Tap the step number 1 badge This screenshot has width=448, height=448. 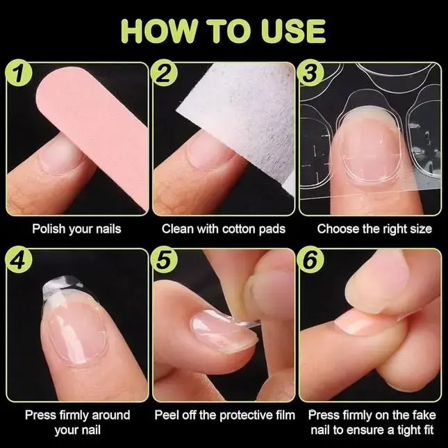(x=19, y=72)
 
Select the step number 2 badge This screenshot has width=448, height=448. (x=164, y=72)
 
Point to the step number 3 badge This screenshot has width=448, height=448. (x=310, y=72)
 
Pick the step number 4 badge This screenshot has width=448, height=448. (x=19, y=260)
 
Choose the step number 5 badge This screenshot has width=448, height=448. (x=164, y=260)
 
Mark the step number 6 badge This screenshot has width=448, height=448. (x=310, y=260)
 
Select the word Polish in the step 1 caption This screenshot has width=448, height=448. (x=49, y=229)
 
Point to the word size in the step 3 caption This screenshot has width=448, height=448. (x=421, y=229)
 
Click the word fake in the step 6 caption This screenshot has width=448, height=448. (x=424, y=415)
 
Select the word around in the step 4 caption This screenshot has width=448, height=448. (x=111, y=415)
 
